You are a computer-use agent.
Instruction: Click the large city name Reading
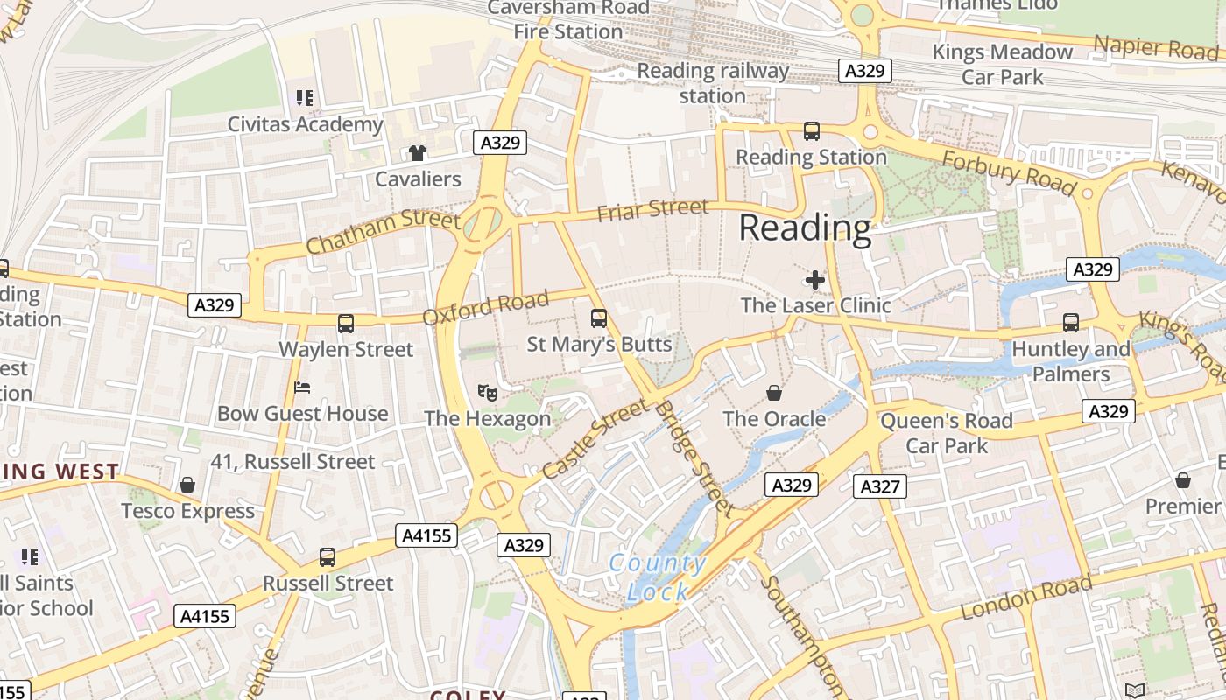[805, 227]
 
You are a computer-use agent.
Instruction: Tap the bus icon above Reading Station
[812, 131]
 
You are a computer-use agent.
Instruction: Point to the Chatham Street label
[383, 232]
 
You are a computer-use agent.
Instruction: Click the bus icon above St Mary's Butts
[599, 318]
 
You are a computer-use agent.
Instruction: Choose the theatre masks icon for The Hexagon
[487, 393]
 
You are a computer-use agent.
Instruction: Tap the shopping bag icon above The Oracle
[774, 393]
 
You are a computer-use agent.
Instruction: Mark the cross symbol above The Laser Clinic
[815, 280]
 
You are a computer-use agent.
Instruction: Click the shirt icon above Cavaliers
[418, 153]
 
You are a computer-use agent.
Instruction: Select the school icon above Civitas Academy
[305, 98]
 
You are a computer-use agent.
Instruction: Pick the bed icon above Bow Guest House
[303, 387]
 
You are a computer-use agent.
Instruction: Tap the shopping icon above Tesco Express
[187, 485]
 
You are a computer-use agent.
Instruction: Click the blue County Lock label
[658, 577]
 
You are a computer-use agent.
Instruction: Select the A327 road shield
[879, 486]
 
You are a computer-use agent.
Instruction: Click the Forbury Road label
[1008, 171]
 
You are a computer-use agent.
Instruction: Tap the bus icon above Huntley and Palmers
[1070, 323]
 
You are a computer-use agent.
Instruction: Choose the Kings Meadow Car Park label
[1002, 65]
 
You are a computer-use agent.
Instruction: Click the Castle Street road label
[595, 440]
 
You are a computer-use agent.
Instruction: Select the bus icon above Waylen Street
[346, 324]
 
